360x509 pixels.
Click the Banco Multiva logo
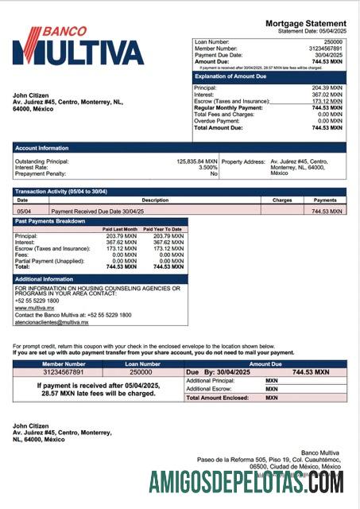coord(78,46)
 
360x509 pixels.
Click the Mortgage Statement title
coord(305,23)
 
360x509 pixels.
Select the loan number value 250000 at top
coord(333,41)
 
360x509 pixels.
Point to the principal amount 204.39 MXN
coord(327,87)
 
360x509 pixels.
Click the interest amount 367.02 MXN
coord(327,95)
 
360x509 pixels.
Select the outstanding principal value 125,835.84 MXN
coord(196,161)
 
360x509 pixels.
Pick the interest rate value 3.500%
coord(207,168)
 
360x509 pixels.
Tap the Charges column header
coord(282,200)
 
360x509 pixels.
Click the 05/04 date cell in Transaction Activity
coord(25,212)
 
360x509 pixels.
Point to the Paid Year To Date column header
coord(164,229)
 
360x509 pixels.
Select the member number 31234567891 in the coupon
coord(63,371)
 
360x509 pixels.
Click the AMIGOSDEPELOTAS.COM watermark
coord(246,481)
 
